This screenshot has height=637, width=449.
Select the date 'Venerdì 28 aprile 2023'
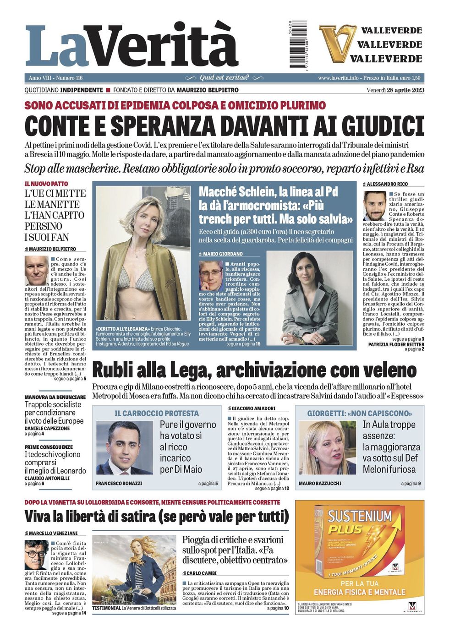[x=395, y=90]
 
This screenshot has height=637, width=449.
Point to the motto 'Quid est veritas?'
[x=224, y=78]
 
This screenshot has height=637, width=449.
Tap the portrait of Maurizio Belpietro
[x=36, y=270]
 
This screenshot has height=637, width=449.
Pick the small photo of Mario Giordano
[x=211, y=275]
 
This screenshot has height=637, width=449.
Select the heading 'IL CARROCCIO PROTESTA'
[x=157, y=413]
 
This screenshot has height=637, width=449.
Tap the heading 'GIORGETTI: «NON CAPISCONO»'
[x=359, y=413]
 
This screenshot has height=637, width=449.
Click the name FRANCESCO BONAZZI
[x=119, y=484]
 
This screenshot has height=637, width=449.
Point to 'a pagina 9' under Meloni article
[x=411, y=484]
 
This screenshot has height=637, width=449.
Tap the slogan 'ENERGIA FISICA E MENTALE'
[x=360, y=592]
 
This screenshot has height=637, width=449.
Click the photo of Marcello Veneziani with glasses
[x=36, y=554]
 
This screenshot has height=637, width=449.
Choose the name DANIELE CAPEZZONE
[x=47, y=428]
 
